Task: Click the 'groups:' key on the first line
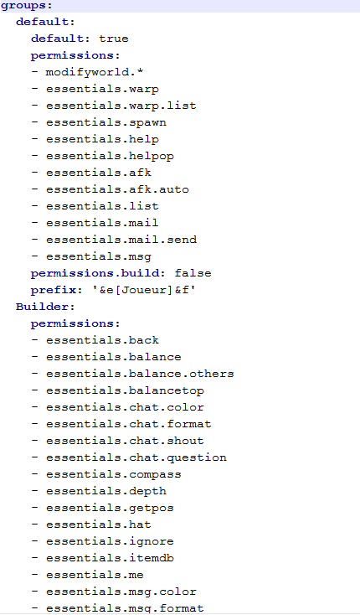[x=27, y=6]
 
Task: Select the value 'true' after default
[x=114, y=39]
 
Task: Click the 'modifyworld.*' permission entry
[x=95, y=73]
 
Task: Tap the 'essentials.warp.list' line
[x=121, y=106]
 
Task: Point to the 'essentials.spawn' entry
[x=106, y=123]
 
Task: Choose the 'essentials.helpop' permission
[x=110, y=156]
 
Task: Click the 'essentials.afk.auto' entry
[x=117, y=189]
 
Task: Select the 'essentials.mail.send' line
[x=121, y=240]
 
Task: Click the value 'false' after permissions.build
[x=193, y=273]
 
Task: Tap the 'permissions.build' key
[x=95, y=273]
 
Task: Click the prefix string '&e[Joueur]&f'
[x=144, y=290]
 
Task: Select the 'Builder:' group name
[x=45, y=307]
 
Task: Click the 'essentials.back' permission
[x=102, y=340]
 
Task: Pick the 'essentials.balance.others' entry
[x=140, y=374]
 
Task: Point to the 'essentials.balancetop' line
[x=125, y=390]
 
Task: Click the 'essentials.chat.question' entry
[x=136, y=457]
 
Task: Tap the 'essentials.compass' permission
[x=114, y=474]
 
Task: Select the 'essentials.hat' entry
[x=98, y=525]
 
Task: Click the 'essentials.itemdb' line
[x=110, y=558]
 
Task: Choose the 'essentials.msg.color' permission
[x=121, y=592]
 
